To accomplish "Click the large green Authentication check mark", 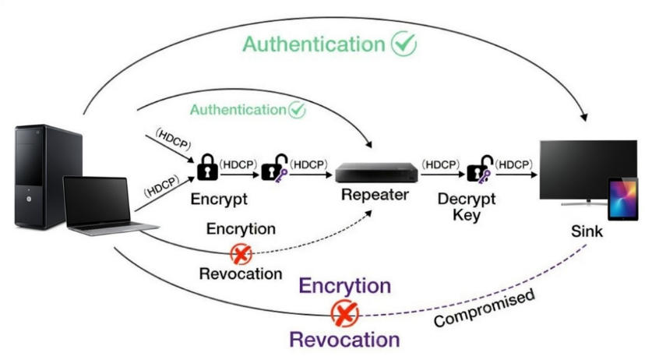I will click(x=404, y=44).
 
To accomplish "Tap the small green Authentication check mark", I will click(x=296, y=110).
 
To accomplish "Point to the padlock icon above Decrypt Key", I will click(x=479, y=167).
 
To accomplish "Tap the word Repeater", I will click(x=374, y=195).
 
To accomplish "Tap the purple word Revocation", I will click(x=344, y=340).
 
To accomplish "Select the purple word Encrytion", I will click(x=344, y=286).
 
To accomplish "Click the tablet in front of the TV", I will click(x=623, y=199).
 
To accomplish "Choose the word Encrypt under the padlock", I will click(x=219, y=199).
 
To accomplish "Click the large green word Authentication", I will click(x=314, y=44).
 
